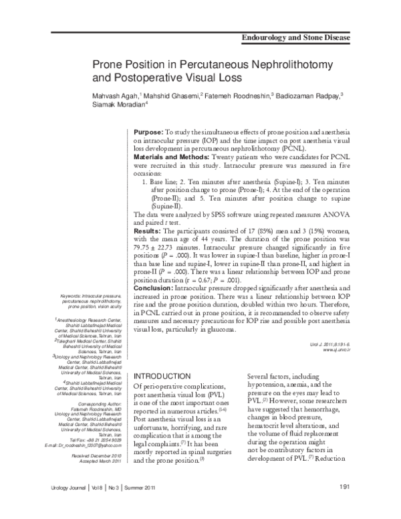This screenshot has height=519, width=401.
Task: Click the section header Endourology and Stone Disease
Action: pyautogui.click(x=295, y=37)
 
